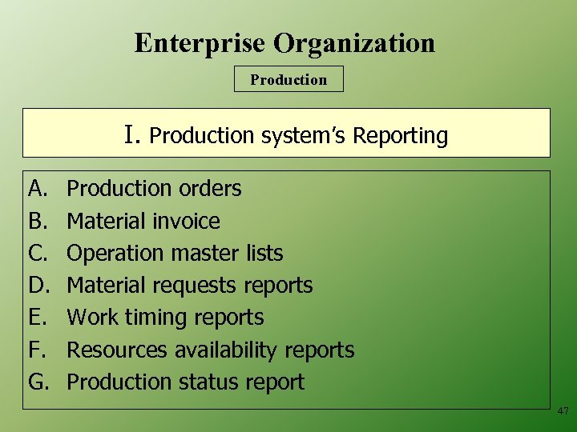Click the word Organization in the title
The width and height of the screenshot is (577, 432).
357,43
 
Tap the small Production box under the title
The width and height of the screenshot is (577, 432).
288,79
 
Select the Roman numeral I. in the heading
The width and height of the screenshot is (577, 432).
133,134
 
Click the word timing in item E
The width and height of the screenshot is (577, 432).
159,318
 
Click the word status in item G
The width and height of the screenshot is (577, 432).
216,382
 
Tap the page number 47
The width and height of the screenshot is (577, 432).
563,411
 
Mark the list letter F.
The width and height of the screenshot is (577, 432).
37,350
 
